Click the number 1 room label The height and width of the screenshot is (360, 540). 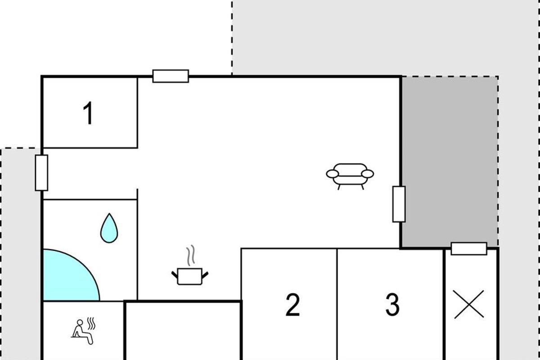tap(89, 113)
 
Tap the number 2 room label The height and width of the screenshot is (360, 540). tap(292, 305)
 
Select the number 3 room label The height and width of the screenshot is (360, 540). tap(392, 305)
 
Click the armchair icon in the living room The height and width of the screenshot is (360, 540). tap(350, 176)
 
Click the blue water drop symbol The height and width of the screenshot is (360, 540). tap(109, 228)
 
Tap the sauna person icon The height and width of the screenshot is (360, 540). tap(83, 331)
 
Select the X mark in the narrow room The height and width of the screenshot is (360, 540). tap(469, 304)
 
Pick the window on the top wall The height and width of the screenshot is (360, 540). tap(171, 76)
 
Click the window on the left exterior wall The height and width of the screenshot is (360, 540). tap(41, 173)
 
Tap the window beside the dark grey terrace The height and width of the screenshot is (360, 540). tap(399, 204)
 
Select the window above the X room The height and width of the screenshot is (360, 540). tap(469, 248)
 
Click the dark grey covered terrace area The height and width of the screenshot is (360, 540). tap(450, 162)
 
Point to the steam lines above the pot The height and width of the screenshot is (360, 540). tap(190, 256)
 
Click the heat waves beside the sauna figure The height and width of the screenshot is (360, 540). tap(91, 324)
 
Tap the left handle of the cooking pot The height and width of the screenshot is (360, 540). tap(175, 275)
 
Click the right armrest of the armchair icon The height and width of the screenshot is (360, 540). tap(368, 174)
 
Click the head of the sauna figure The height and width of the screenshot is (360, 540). tap(80, 322)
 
